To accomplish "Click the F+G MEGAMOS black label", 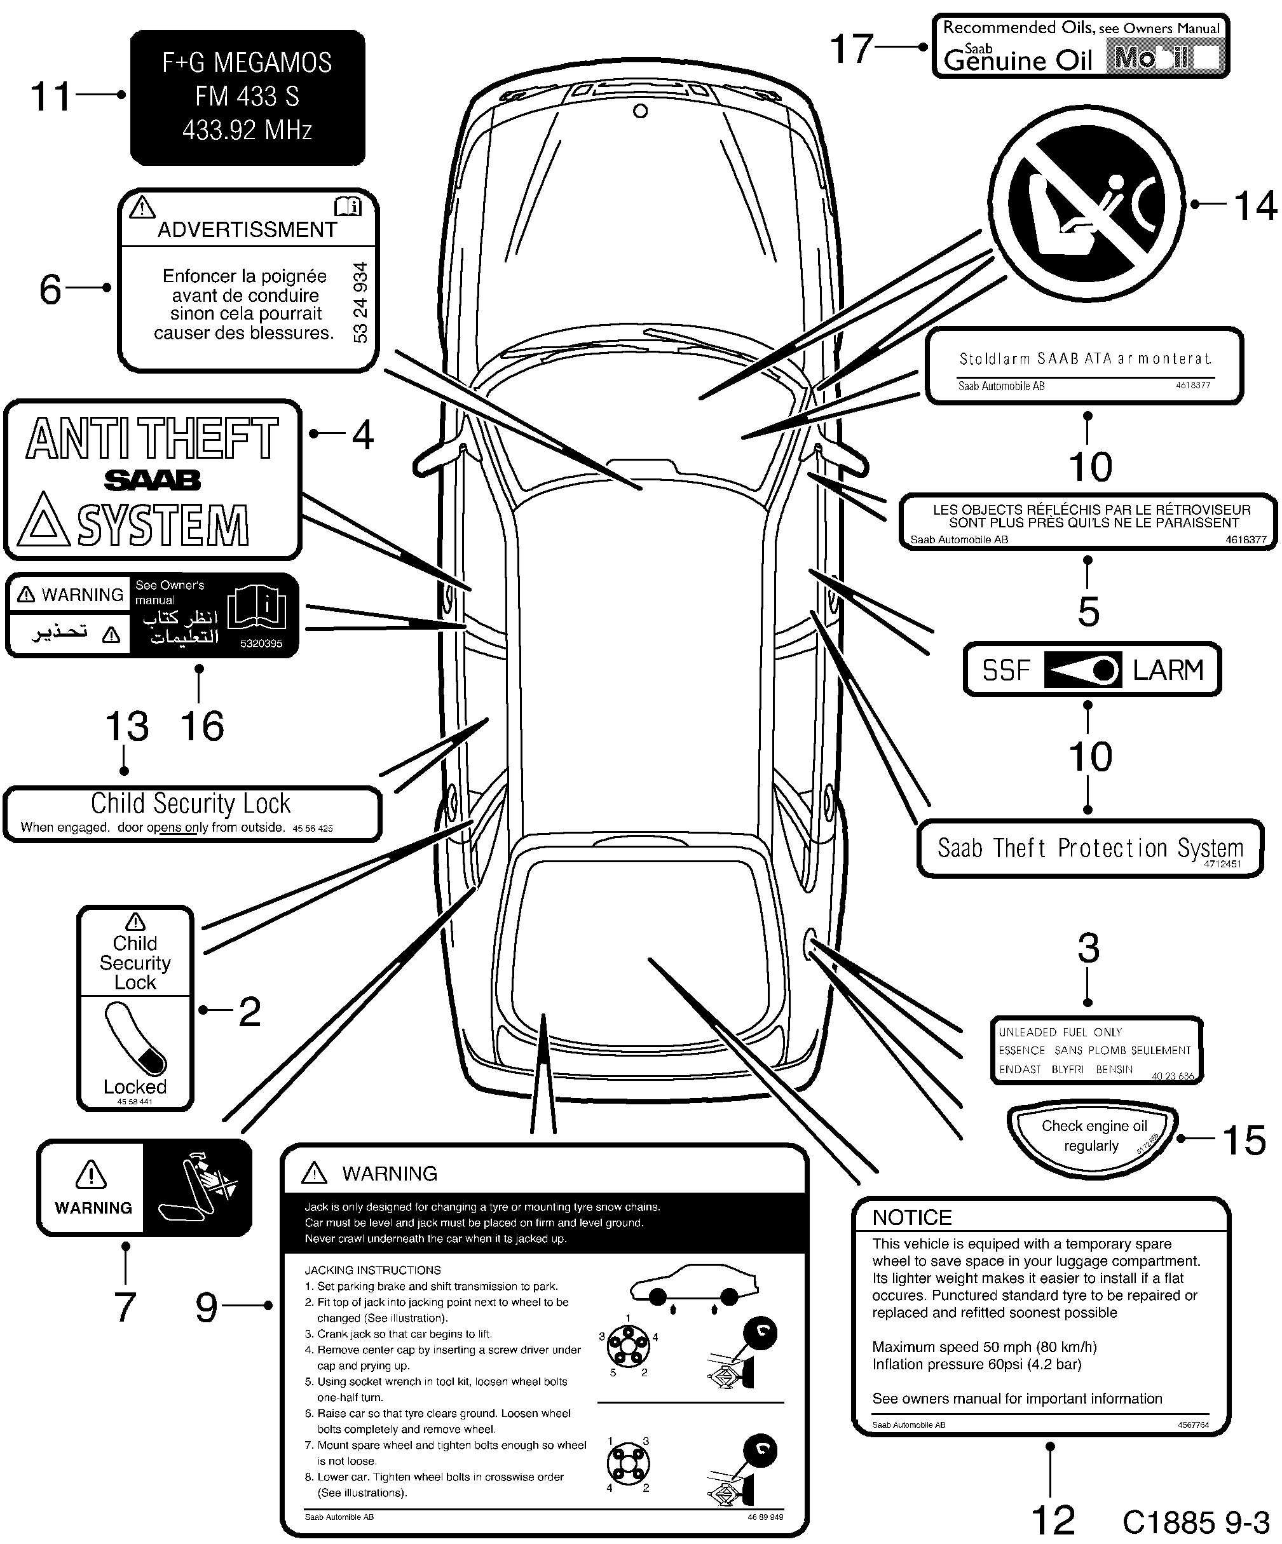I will (x=247, y=97).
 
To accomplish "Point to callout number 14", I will (x=1255, y=206).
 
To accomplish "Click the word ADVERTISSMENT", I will (x=247, y=230).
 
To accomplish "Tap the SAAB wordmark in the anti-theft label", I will (x=153, y=481).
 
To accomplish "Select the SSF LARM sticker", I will (x=1091, y=670).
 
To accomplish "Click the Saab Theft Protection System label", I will (x=1090, y=848).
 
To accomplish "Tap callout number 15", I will (x=1244, y=1141).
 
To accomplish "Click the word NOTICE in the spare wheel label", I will (x=912, y=1217).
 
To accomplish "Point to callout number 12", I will (x=1053, y=1519).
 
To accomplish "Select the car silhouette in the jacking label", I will (x=693, y=1287).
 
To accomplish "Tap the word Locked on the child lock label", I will (x=135, y=1087).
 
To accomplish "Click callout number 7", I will (x=125, y=1307).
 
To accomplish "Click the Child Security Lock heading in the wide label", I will (x=191, y=803).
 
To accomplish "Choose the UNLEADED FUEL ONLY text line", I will (x=1060, y=1033).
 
